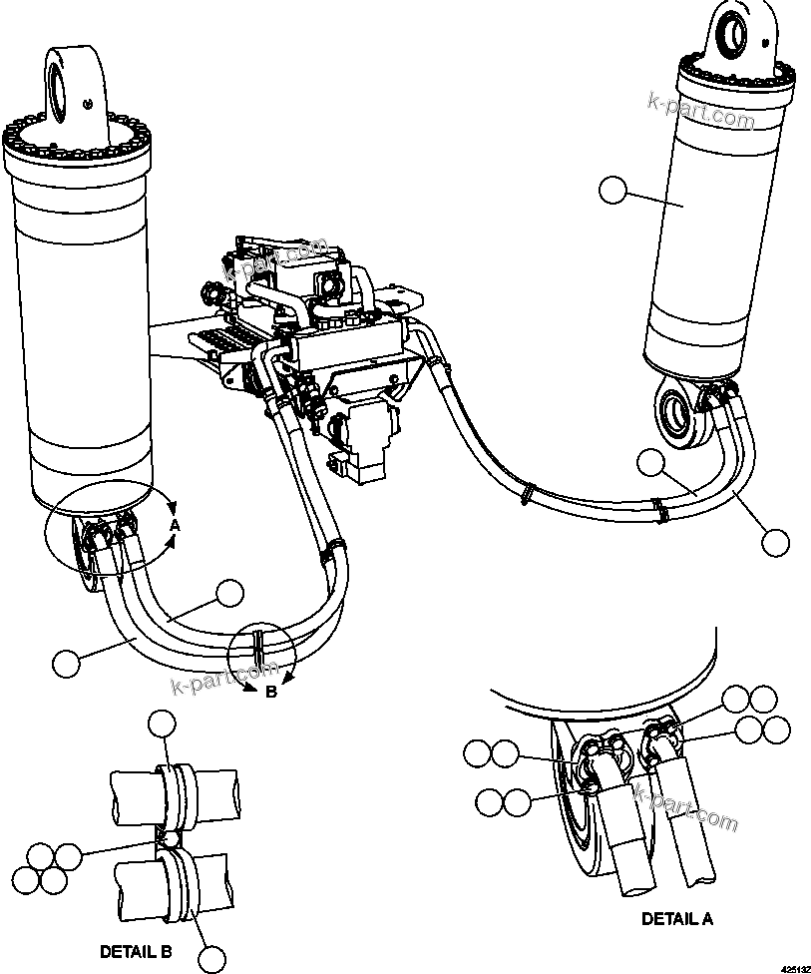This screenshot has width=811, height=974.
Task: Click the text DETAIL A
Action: click(676, 919)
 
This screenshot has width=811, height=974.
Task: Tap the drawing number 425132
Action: click(794, 967)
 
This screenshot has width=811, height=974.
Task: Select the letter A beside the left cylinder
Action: click(174, 525)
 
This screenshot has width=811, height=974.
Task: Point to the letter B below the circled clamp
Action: click(270, 692)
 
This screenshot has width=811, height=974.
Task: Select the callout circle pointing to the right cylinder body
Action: click(612, 190)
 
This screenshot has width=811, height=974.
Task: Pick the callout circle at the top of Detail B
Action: click(163, 725)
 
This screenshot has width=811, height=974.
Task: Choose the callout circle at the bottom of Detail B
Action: click(212, 958)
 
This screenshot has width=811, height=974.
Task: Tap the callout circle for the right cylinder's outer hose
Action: click(775, 542)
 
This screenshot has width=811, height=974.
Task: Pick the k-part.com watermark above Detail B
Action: click(212, 681)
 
